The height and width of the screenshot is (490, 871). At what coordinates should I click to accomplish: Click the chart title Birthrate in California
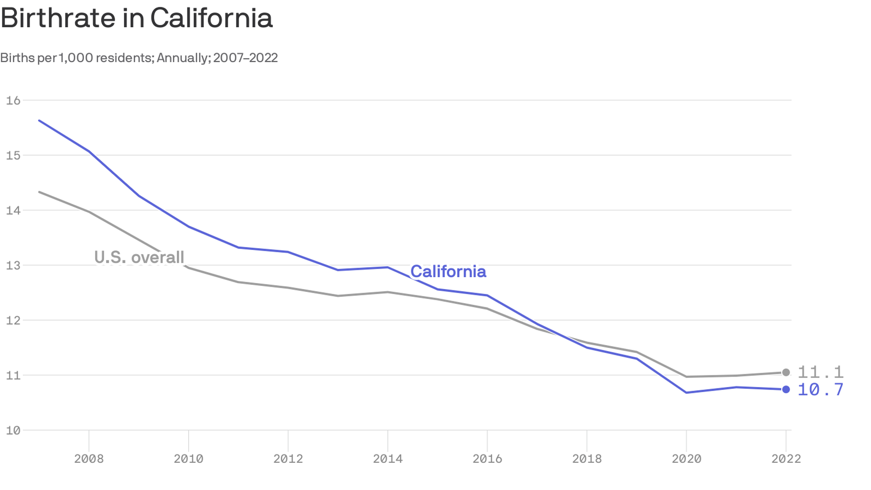(x=137, y=19)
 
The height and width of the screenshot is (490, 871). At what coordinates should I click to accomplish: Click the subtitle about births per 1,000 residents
(x=139, y=58)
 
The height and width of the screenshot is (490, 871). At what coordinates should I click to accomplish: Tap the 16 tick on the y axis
(x=13, y=100)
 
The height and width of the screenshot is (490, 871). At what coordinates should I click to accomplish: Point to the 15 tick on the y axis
(x=13, y=156)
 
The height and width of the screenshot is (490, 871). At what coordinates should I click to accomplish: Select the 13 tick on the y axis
(x=13, y=265)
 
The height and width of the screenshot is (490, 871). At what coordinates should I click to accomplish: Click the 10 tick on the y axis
(x=13, y=431)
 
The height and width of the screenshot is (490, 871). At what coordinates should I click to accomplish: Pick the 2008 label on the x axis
(x=89, y=459)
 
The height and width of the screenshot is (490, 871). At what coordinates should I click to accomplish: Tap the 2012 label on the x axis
(x=288, y=459)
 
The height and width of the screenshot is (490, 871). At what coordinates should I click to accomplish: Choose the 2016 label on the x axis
(x=487, y=459)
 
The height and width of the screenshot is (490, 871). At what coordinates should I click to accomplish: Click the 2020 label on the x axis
(x=686, y=459)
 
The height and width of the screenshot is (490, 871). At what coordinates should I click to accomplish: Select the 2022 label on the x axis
(x=786, y=459)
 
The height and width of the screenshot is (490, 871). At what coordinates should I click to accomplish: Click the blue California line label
(x=448, y=272)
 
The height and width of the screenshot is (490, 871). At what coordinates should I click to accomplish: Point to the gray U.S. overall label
(x=139, y=257)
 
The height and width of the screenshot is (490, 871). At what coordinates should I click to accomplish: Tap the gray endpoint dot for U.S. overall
(x=786, y=372)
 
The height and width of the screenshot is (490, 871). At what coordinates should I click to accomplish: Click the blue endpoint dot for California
(x=786, y=389)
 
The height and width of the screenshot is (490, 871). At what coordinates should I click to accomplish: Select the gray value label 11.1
(x=821, y=372)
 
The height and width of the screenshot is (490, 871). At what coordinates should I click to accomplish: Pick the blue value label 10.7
(x=821, y=390)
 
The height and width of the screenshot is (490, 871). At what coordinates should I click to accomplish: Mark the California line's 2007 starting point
(x=39, y=121)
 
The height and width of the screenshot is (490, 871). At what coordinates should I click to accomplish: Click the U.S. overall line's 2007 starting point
(x=39, y=192)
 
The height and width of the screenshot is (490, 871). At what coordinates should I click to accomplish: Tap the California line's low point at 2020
(x=686, y=392)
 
